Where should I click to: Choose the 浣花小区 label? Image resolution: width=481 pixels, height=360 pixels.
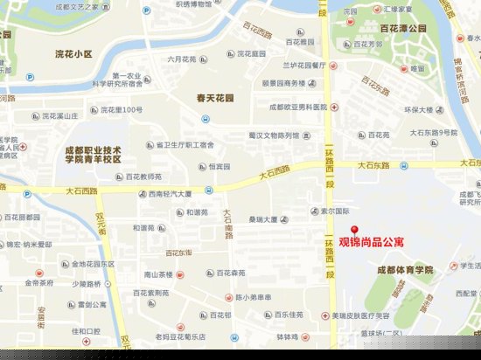tap(73, 53)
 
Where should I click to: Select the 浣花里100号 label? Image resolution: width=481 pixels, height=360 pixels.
tap(121, 110)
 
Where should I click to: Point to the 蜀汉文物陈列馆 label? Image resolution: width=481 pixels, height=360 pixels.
tap(273, 135)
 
